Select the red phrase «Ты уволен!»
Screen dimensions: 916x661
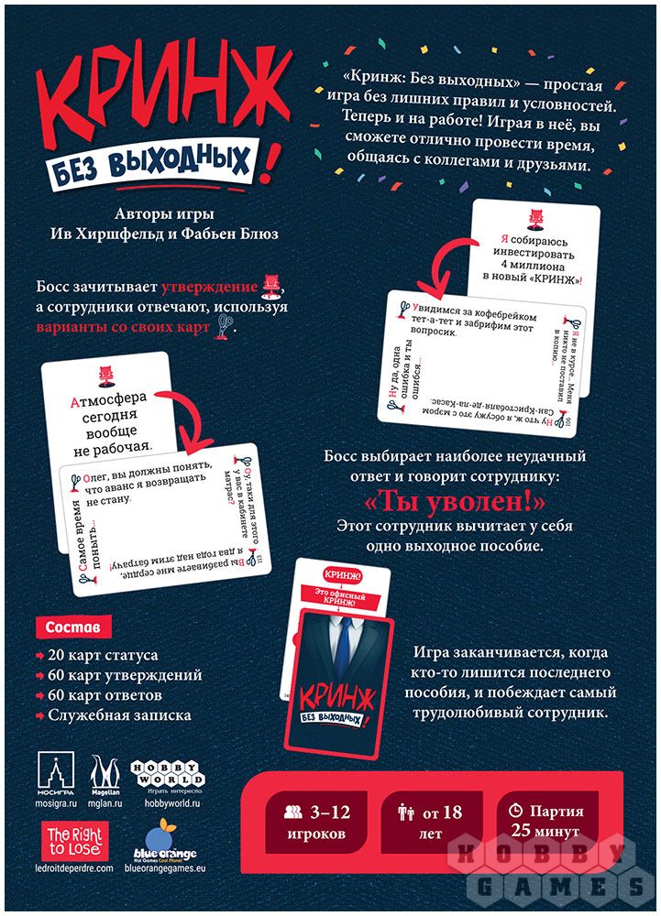click(x=455, y=503)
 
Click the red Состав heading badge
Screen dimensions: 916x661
click(x=73, y=628)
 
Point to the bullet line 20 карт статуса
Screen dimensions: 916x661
click(x=103, y=656)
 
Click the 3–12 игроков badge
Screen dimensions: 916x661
click(x=317, y=822)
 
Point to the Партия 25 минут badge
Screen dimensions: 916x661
click(x=544, y=822)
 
